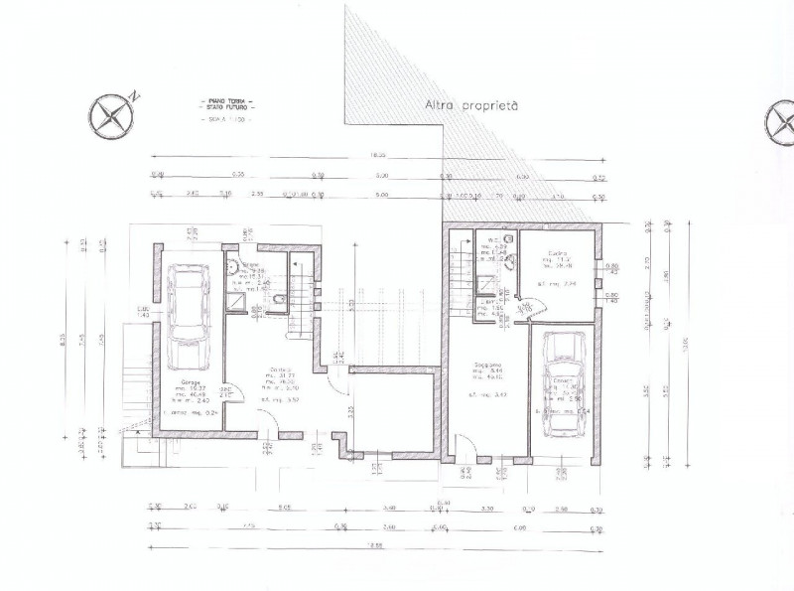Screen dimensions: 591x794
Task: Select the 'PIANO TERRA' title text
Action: coord(227,101)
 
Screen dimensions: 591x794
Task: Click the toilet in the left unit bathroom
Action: coord(281,299)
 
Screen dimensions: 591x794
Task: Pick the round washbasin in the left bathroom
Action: coord(231,265)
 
